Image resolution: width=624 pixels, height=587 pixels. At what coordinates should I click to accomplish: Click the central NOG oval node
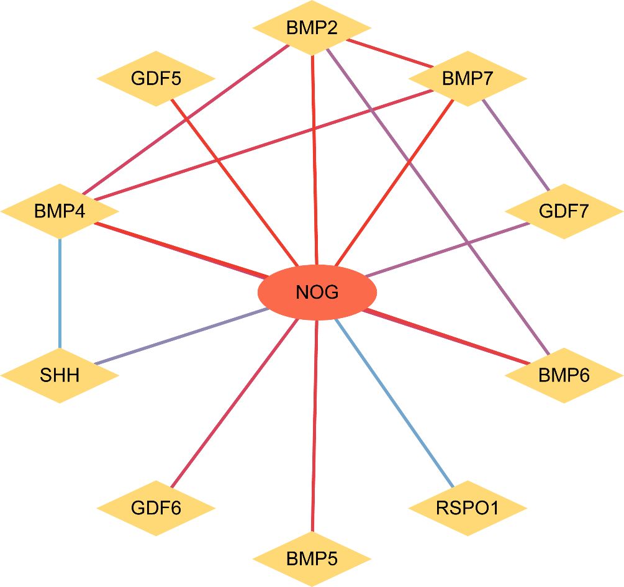click(x=317, y=292)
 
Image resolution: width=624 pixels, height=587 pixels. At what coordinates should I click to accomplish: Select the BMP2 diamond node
click(x=312, y=28)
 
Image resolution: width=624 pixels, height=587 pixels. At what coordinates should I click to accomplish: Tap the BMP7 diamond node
click(x=467, y=79)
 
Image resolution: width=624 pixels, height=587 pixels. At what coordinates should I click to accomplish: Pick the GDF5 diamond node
click(x=156, y=79)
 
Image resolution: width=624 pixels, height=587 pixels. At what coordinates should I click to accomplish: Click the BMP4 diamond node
click(x=60, y=211)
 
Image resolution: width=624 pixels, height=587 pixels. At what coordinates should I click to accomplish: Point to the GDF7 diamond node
click(x=564, y=211)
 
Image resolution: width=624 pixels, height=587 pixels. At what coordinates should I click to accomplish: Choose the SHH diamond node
click(x=60, y=375)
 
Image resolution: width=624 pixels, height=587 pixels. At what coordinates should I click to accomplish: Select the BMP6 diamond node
click(x=564, y=375)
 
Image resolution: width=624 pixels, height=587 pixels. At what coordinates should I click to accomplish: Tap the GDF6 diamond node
click(x=156, y=507)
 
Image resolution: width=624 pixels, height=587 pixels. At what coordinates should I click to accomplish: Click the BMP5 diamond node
click(x=312, y=558)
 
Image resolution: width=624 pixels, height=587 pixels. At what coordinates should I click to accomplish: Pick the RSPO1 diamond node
click(x=467, y=508)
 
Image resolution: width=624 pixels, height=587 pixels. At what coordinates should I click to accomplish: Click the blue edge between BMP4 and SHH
click(x=60, y=292)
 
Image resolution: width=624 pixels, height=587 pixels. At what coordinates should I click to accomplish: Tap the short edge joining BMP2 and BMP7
click(x=391, y=54)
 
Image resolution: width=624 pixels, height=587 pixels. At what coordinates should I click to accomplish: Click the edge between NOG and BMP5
click(x=315, y=429)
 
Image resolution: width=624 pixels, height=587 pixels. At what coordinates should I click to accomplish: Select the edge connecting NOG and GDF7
click(x=447, y=248)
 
